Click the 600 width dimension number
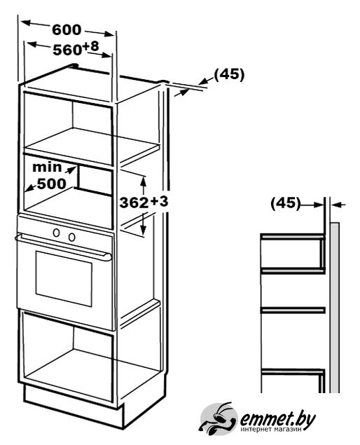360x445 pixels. tap(67, 29)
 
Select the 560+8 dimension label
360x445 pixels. tap(76, 48)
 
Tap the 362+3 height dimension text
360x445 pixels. tap(144, 202)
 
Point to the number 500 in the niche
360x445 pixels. tap(52, 184)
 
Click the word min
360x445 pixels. tap(47, 167)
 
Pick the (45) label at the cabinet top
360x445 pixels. tap(229, 75)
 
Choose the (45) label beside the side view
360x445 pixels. tap(285, 203)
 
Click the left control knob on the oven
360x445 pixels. tap(57, 233)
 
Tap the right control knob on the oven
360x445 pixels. tap(71, 237)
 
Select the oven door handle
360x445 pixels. tap(63, 247)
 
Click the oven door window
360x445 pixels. tap(64, 278)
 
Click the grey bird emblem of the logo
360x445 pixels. tap(218, 419)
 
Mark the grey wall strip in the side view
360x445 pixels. tap(335, 308)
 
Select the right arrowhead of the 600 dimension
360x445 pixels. tap(109, 34)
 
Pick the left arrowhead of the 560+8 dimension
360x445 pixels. tap(32, 44)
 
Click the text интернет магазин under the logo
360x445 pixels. tap(271, 430)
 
